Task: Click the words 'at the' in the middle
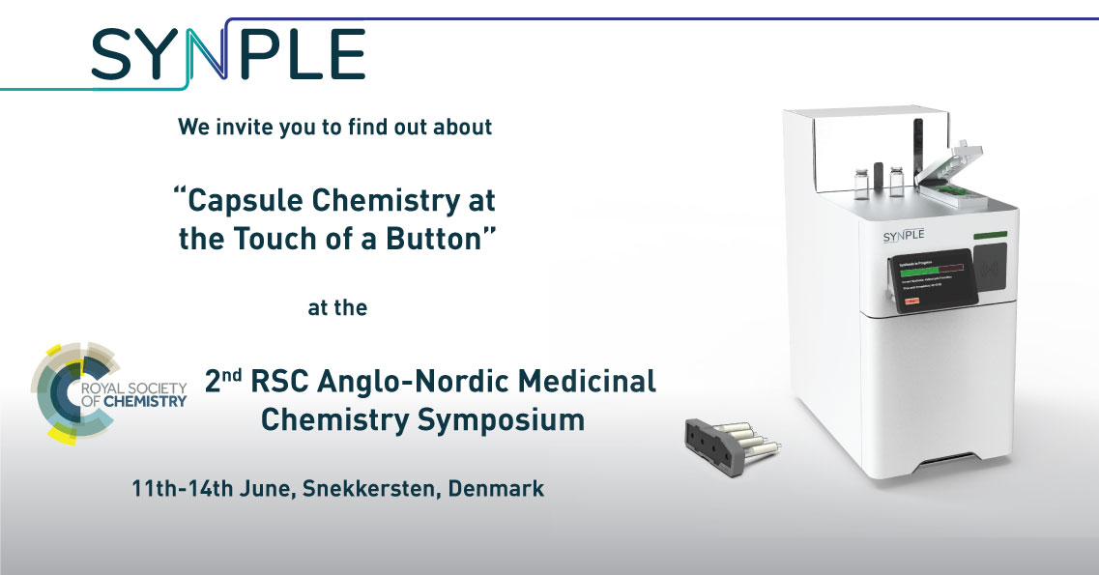(337, 308)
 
